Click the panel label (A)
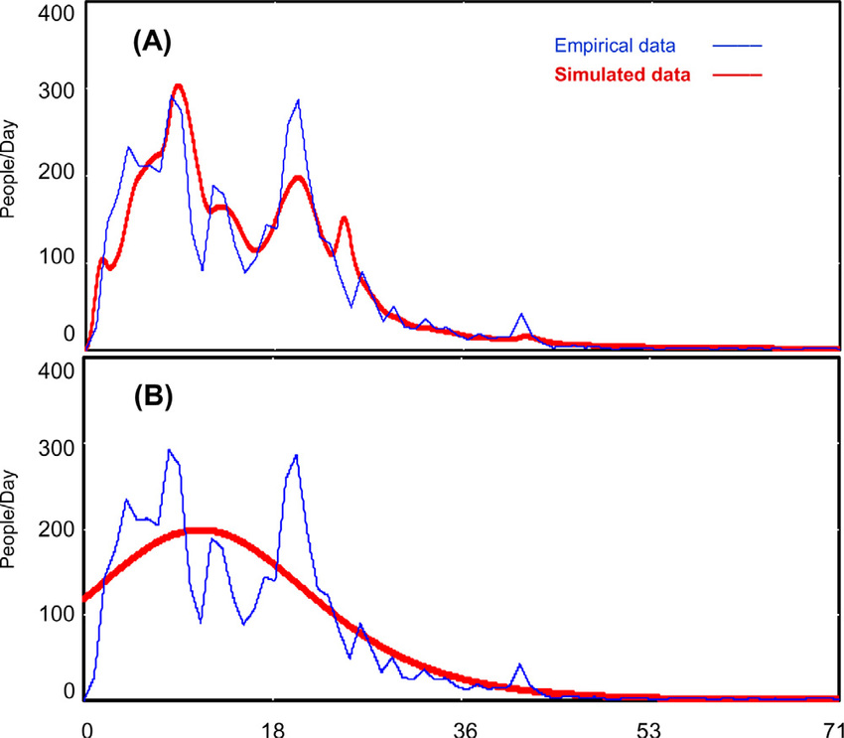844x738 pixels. [x=153, y=44]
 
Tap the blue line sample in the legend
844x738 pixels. [x=736, y=46]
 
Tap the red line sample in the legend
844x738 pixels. [x=736, y=74]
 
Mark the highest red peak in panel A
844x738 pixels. [x=179, y=86]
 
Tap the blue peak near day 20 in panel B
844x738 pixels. [x=296, y=456]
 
